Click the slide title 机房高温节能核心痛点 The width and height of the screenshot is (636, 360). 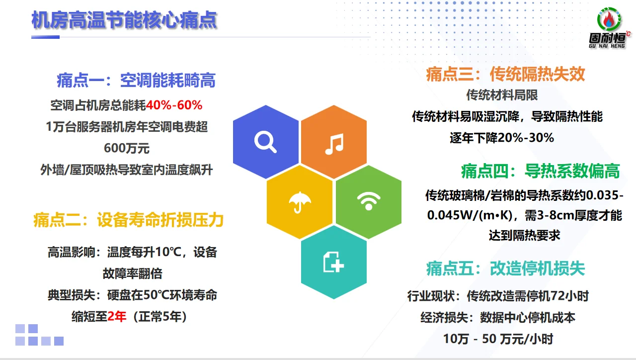click(124, 21)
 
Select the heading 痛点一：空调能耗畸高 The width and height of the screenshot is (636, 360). click(136, 80)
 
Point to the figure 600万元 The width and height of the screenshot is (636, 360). click(126, 148)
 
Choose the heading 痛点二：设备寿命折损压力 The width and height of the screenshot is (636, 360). click(128, 219)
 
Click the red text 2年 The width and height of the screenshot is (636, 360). click(117, 316)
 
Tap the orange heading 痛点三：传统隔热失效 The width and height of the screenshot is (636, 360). click(505, 74)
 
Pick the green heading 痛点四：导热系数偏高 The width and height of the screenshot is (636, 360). click(540, 172)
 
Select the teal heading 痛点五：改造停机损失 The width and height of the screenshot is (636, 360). click(505, 269)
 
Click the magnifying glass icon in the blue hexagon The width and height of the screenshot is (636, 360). click(265, 142)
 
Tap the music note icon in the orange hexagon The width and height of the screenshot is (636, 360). click(334, 144)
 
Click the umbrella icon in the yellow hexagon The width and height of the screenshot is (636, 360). click(300, 202)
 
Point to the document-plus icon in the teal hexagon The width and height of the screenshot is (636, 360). click(334, 262)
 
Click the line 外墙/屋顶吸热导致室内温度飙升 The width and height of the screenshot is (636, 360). click(126, 170)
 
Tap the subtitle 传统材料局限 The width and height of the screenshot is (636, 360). click(502, 94)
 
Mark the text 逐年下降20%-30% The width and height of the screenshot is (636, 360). click(502, 138)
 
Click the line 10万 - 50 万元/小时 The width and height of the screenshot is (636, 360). click(498, 339)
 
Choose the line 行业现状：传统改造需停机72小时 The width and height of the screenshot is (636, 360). click(498, 296)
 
